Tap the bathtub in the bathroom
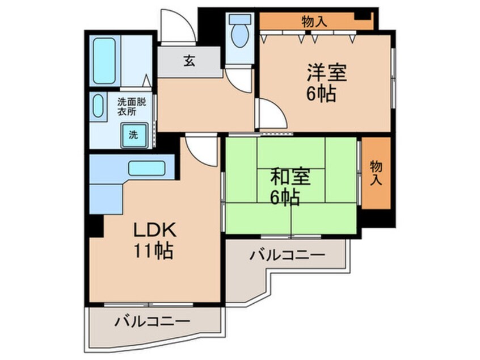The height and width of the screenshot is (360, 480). click(105, 61)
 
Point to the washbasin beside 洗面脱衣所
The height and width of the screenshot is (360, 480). click(98, 106)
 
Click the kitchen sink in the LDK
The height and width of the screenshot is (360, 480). click(146, 169)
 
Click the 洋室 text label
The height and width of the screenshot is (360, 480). click(327, 73)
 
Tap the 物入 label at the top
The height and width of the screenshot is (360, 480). click(314, 22)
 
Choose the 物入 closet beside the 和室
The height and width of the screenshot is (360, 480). click(376, 173)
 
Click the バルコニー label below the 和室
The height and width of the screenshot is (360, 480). click(288, 256)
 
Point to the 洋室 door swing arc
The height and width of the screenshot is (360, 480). click(271, 115)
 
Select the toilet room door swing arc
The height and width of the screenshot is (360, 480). click(239, 79)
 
